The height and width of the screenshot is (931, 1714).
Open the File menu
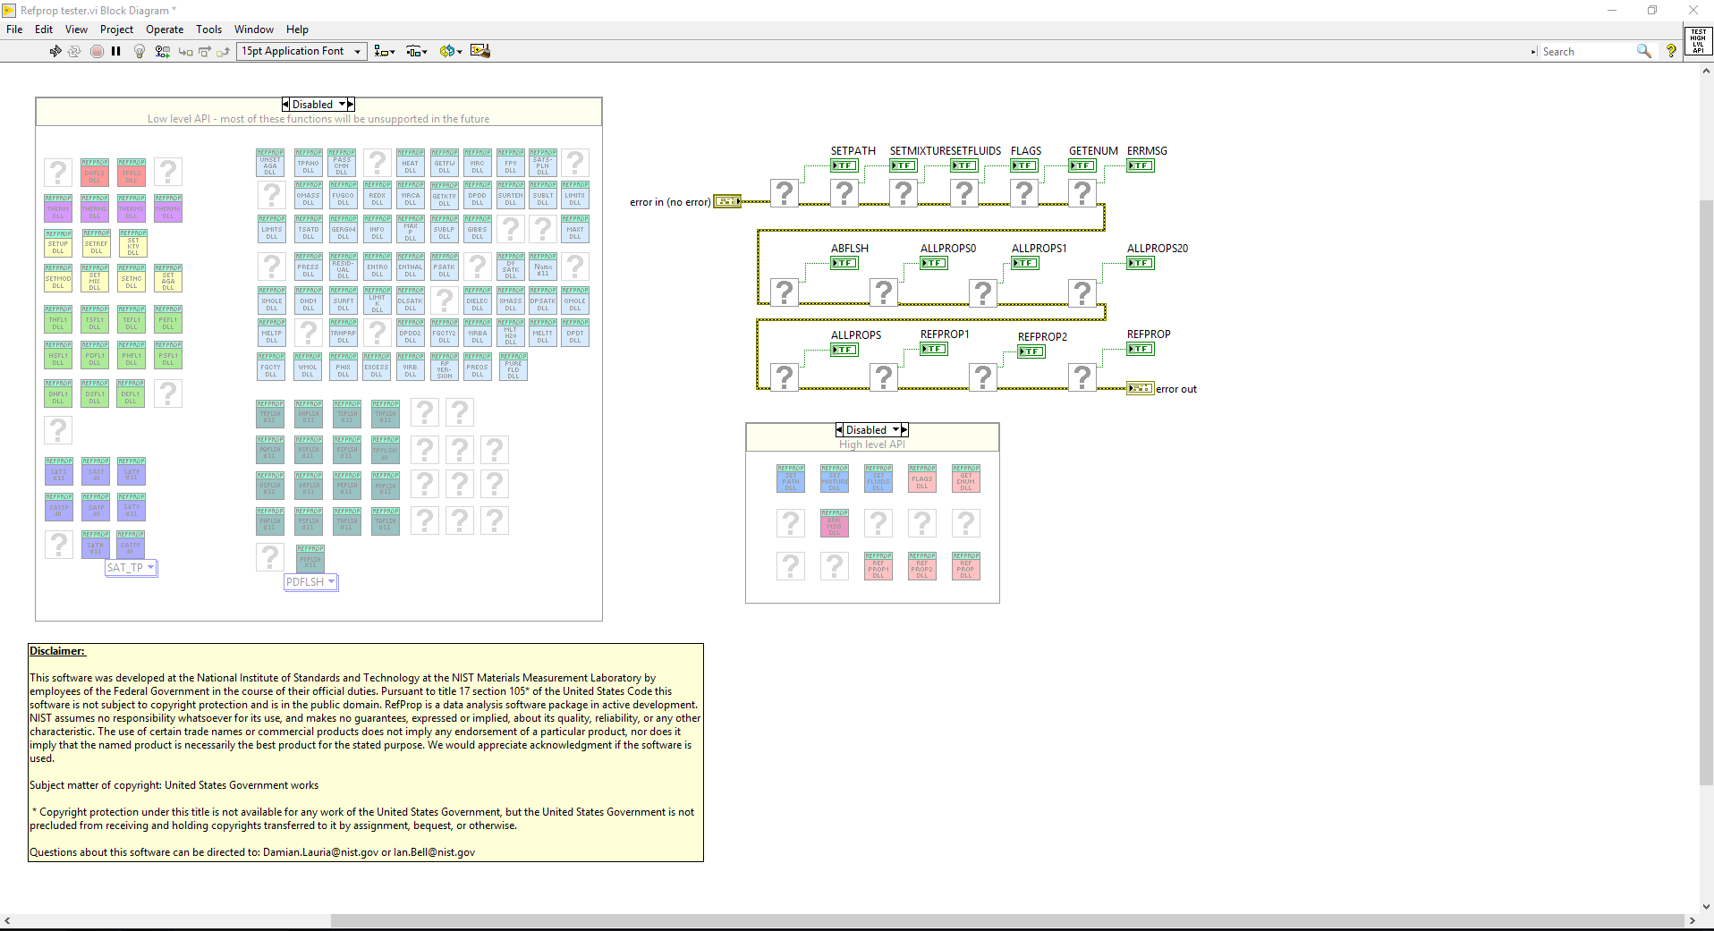pos(14,30)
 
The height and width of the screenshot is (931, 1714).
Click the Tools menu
pos(208,30)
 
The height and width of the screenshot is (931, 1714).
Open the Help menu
pos(297,30)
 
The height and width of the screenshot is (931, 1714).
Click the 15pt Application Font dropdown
pos(301,51)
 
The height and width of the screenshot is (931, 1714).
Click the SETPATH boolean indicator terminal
pos(844,165)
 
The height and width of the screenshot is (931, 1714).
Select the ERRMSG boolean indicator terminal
pos(1140,165)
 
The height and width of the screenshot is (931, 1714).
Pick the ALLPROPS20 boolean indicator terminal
pos(1140,263)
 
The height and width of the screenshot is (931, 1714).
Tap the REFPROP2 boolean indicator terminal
pos(1031,351)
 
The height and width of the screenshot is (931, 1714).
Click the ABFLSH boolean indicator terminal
pos(844,263)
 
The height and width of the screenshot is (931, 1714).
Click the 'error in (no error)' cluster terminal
pos(726,201)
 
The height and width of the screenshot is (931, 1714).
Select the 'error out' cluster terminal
pos(1140,388)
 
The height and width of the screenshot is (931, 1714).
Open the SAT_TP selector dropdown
pos(132,568)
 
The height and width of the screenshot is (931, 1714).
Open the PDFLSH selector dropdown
pos(310,582)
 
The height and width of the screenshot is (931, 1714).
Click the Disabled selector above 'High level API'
pos(872,430)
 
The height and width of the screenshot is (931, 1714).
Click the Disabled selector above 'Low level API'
pos(318,105)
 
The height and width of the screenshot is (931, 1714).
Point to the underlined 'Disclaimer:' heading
pos(57,651)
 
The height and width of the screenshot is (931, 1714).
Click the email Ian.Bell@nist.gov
pos(434,852)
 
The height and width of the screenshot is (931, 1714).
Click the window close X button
pos(1693,10)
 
